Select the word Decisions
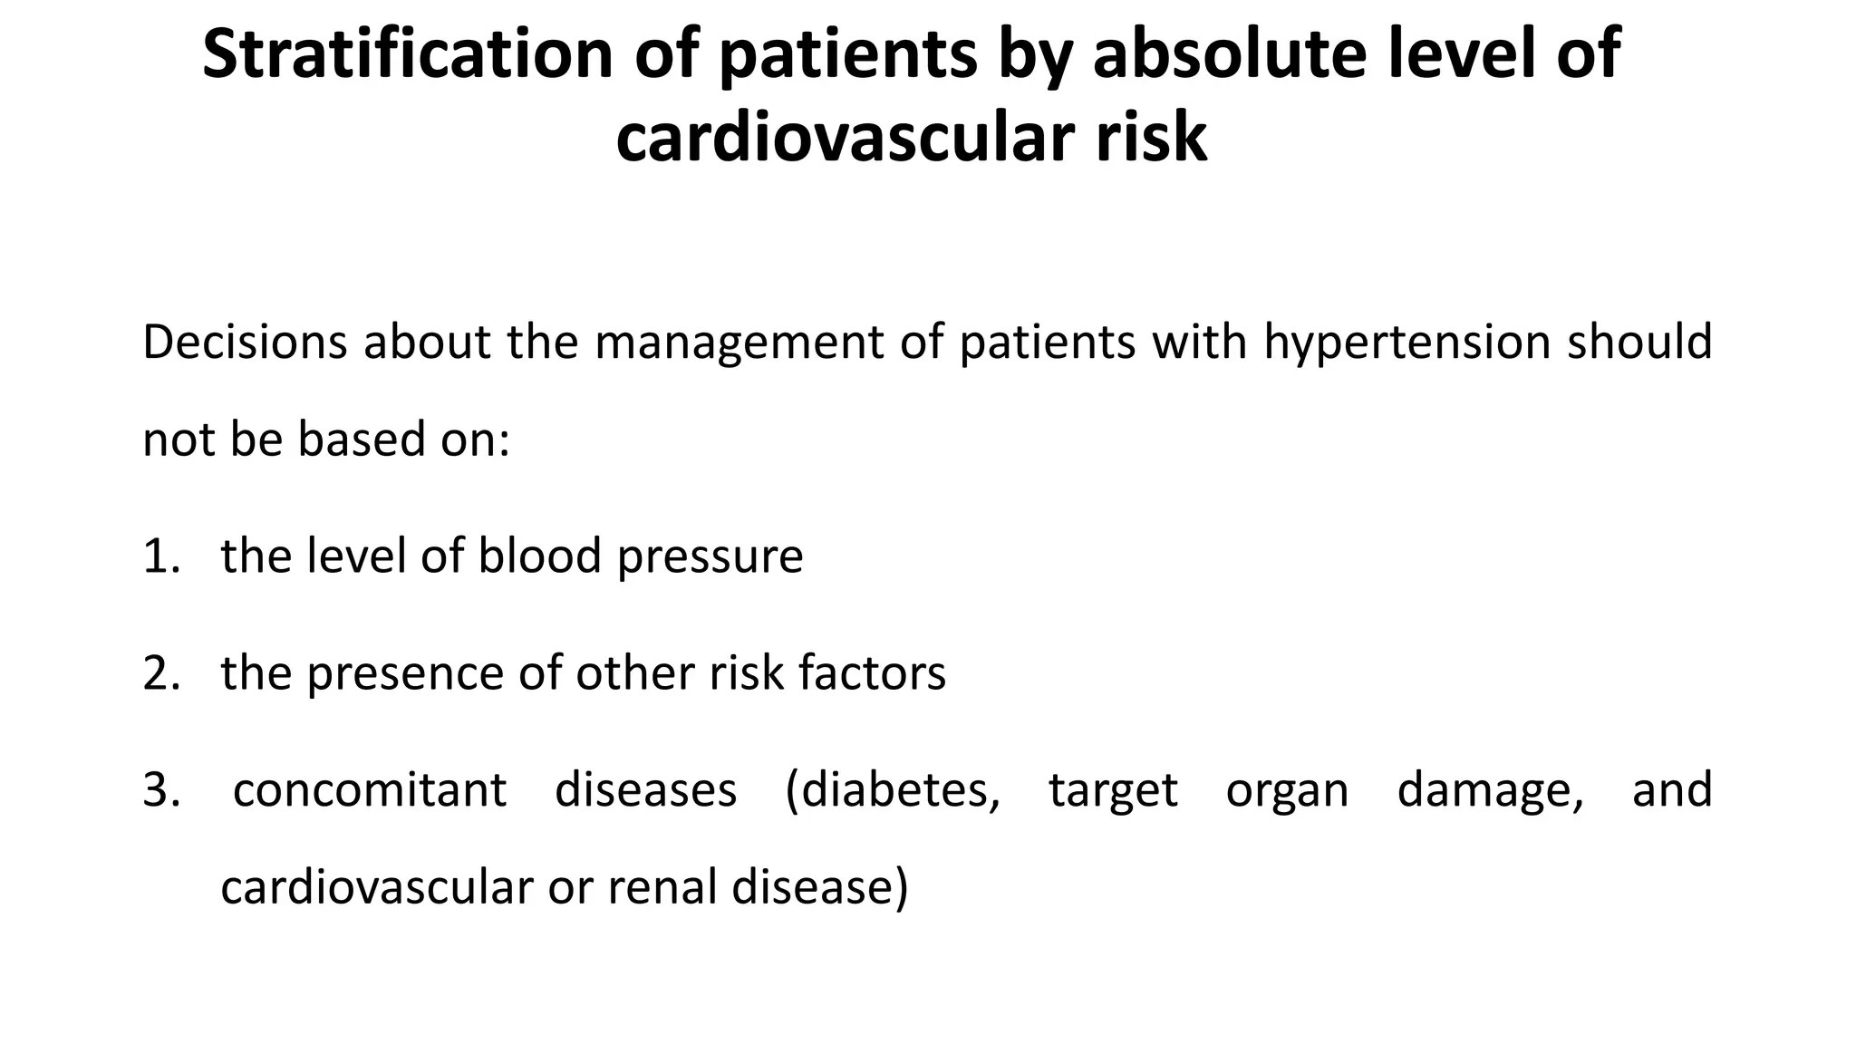pyautogui.click(x=245, y=343)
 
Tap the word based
pyautogui.click(x=362, y=440)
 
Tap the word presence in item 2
pyautogui.click(x=407, y=673)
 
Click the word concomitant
pyautogui.click(x=369, y=789)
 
